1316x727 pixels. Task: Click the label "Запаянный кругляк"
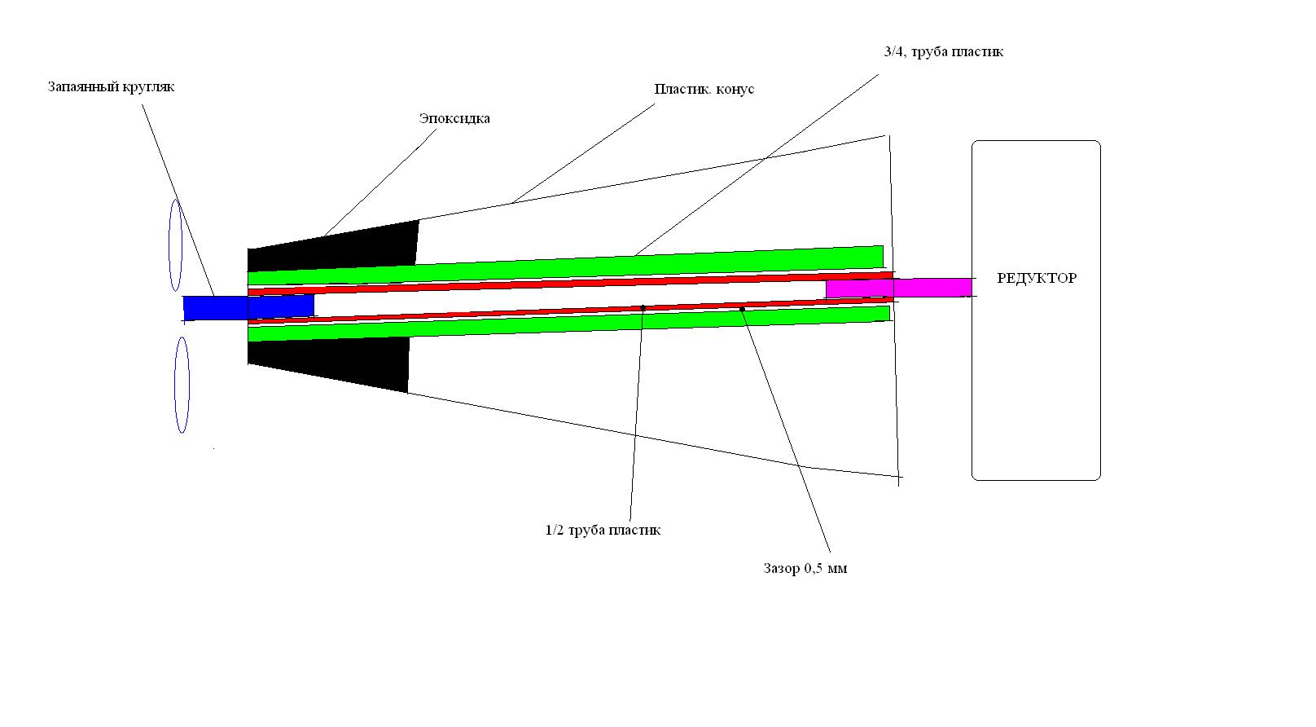tap(111, 86)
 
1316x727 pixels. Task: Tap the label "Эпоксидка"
tap(454, 119)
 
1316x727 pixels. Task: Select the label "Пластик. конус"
tap(704, 89)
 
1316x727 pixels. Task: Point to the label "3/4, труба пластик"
tap(943, 52)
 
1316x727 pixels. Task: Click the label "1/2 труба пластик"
tap(603, 531)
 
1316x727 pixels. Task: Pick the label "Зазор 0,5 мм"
tap(805, 569)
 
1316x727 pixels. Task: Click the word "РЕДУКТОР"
tap(1036, 279)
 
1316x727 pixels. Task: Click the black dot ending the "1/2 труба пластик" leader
tap(643, 308)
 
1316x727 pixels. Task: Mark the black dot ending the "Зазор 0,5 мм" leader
tap(742, 309)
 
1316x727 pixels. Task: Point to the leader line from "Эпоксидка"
tap(379, 184)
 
